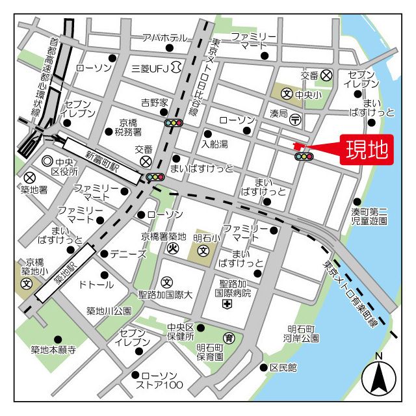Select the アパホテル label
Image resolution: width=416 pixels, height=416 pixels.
[164, 38]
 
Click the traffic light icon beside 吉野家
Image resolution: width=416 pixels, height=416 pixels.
[174, 122]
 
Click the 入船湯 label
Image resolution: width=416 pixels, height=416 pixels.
[214, 144]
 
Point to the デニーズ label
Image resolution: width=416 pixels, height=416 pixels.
[128, 253]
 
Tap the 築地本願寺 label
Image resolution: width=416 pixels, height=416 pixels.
[53, 350]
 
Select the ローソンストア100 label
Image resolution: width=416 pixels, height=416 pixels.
[162, 381]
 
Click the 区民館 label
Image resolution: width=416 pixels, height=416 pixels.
[283, 368]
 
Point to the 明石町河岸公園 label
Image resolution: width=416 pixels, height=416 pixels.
[302, 334]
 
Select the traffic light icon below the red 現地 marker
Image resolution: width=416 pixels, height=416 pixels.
[304, 157]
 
